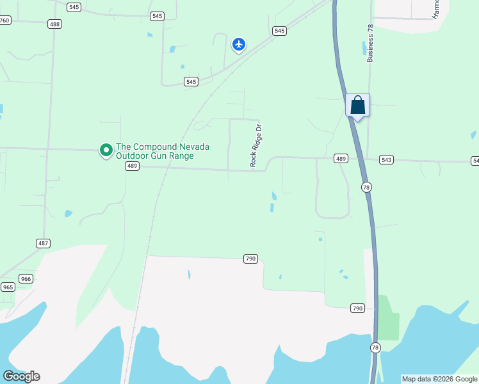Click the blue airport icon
(239, 44)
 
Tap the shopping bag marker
(358, 106)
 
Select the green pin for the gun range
(106, 150)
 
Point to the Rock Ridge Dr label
(256, 147)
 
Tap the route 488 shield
(55, 24)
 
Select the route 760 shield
(5, 20)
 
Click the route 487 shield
(44, 243)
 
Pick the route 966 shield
(26, 278)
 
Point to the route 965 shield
(8, 287)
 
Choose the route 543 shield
(386, 159)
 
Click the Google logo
(21, 376)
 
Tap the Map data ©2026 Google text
(440, 379)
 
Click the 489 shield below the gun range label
(132, 166)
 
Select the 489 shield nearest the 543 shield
(341, 158)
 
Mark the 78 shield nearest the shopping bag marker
(366, 187)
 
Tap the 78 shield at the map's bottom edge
(375, 348)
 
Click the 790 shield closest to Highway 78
(357, 308)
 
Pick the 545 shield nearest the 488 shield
(74, 7)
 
